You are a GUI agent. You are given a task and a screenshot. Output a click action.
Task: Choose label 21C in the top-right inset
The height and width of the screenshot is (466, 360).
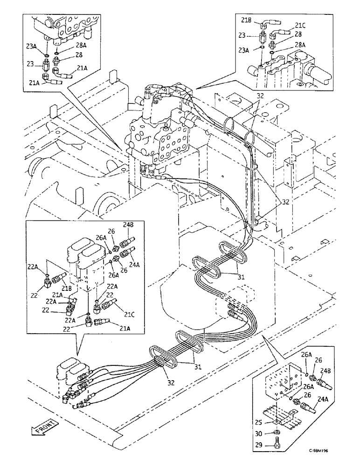(300, 26)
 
